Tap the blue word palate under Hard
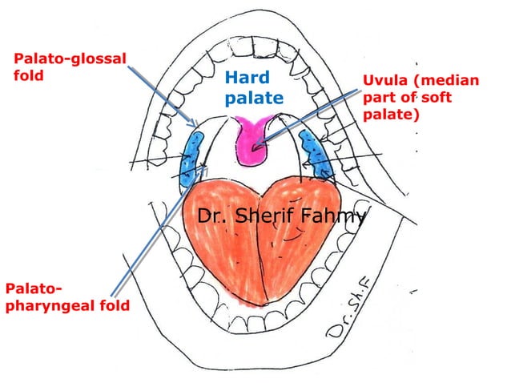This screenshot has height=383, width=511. [253, 99]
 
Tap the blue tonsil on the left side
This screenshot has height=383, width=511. [191, 155]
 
